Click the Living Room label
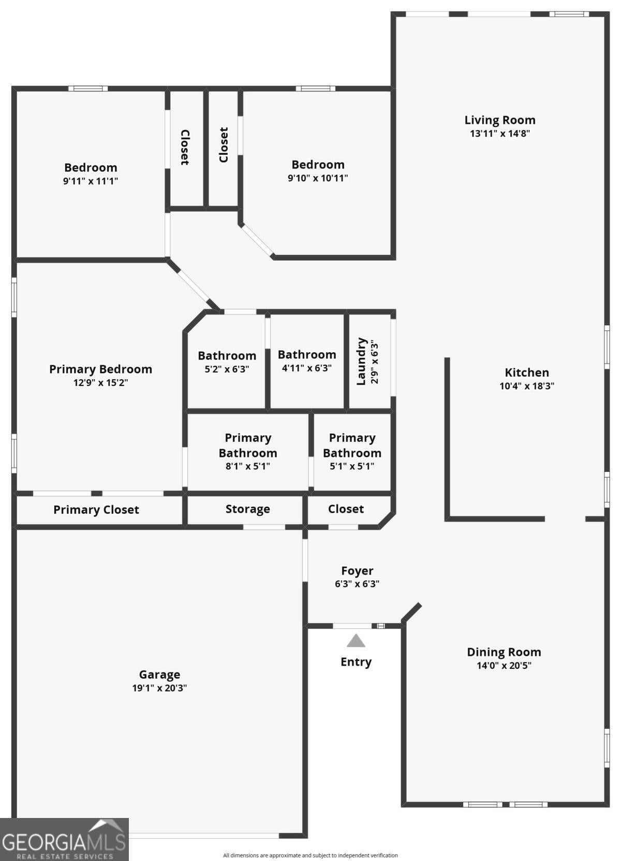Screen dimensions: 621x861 (x=499, y=120)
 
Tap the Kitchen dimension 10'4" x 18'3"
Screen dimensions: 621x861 (x=526, y=386)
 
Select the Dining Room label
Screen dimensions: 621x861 (x=504, y=652)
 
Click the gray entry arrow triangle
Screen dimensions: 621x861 (x=356, y=640)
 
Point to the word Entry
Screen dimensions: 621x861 (x=356, y=662)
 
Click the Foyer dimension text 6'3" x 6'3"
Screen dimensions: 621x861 (x=357, y=584)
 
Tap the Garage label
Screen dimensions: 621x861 (x=159, y=675)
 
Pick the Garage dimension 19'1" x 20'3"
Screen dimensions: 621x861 (x=159, y=688)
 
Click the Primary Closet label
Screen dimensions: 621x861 (x=96, y=510)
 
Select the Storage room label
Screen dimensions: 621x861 (x=248, y=509)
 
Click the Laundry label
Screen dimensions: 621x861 (x=361, y=361)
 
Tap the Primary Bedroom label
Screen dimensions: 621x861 (x=100, y=369)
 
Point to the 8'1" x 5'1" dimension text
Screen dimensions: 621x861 (x=248, y=466)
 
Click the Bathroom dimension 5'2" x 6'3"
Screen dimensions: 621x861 (x=227, y=369)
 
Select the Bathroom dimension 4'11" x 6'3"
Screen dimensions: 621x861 (x=306, y=368)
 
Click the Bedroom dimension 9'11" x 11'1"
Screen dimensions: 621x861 (x=90, y=181)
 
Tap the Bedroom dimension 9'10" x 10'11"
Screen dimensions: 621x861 (x=318, y=178)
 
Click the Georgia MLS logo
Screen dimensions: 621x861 (x=64, y=840)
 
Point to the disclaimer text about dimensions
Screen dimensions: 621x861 (x=310, y=855)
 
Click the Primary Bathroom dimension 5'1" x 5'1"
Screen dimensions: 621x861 (x=352, y=466)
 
